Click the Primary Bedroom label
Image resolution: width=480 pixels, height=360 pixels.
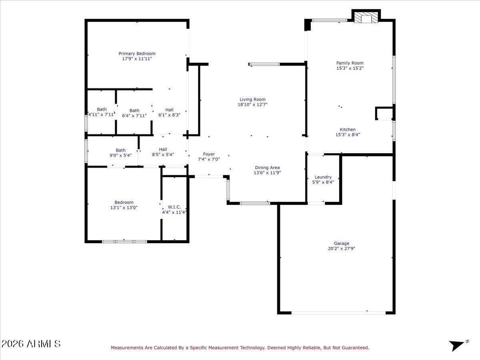tap(137, 54)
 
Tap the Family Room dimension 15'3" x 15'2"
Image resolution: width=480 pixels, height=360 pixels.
tap(350, 68)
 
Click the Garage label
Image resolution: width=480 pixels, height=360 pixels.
tap(342, 243)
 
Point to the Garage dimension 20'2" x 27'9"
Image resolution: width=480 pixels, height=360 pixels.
tap(342, 248)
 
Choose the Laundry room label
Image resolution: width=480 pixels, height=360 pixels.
tap(323, 177)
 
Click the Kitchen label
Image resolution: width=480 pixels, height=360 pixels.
tap(348, 130)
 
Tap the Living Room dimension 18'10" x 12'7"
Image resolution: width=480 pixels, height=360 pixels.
tap(252, 105)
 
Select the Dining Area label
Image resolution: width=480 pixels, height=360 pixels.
tap(267, 168)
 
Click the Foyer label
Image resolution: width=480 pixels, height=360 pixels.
tap(209, 154)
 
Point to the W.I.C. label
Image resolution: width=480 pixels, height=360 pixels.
tap(174, 207)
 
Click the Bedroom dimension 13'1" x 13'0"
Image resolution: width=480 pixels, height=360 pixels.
tap(124, 208)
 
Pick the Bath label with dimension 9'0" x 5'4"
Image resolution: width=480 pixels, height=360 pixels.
tap(121, 150)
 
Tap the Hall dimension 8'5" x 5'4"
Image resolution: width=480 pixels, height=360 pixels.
tap(163, 155)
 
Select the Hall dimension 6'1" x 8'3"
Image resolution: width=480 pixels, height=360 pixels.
tap(170, 115)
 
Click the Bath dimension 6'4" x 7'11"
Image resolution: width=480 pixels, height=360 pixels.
tap(134, 116)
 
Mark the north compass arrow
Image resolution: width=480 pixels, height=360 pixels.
tap(457, 345)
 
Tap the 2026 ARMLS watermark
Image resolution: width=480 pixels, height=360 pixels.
tap(31, 344)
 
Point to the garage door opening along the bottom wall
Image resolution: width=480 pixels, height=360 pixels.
tap(338, 312)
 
